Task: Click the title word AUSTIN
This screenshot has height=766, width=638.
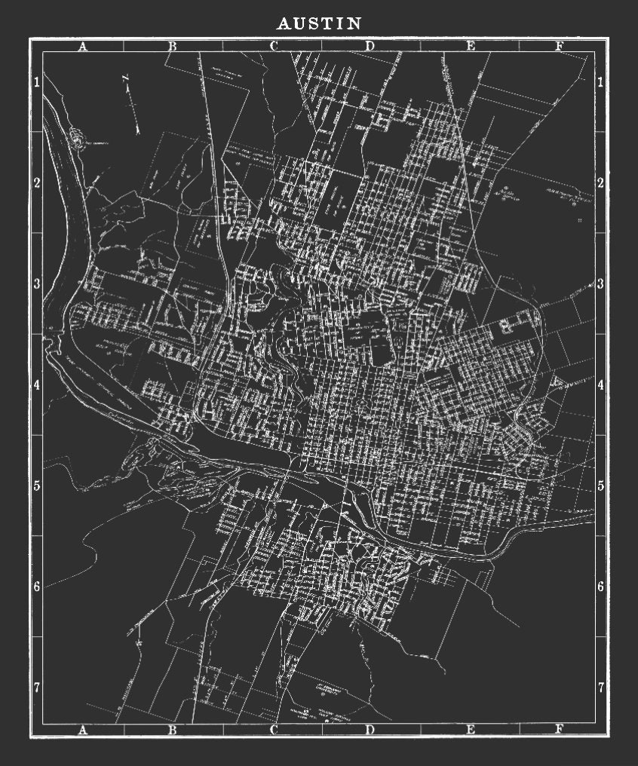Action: click(x=319, y=24)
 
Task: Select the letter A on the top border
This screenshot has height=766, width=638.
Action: click(x=83, y=46)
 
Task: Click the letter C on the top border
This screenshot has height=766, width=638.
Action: click(x=273, y=46)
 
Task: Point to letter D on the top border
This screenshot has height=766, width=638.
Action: click(x=370, y=46)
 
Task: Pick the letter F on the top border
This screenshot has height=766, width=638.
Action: click(x=559, y=46)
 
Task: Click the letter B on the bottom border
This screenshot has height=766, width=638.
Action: click(x=172, y=729)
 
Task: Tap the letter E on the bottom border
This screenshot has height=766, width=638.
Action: click(x=471, y=729)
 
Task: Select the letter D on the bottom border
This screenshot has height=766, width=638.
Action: click(x=370, y=729)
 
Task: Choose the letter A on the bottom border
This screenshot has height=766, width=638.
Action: click(x=83, y=729)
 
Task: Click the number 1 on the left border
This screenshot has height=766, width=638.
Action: click(x=36, y=82)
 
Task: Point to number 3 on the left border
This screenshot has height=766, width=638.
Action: click(x=36, y=283)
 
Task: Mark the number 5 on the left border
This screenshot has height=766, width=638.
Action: click(x=36, y=485)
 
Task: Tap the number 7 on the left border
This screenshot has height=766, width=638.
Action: click(x=36, y=687)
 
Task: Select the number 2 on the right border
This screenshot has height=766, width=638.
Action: click(x=601, y=183)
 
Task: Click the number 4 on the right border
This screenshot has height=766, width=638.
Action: click(x=601, y=385)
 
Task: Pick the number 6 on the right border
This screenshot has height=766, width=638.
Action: click(x=601, y=586)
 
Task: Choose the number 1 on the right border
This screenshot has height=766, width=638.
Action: click(x=601, y=82)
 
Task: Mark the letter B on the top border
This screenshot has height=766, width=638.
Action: click(x=172, y=46)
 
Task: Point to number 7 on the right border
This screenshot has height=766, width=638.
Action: click(x=601, y=687)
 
